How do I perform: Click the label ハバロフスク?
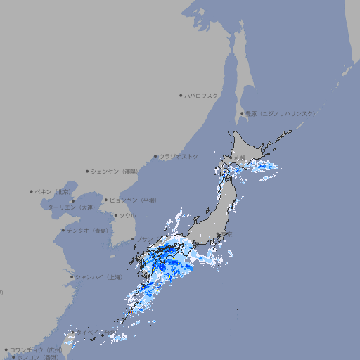pos(202,95)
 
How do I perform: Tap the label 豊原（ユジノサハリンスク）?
pos(280,113)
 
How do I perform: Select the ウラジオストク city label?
pos(179,156)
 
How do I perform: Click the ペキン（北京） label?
pos(54,191)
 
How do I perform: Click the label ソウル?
pos(127,215)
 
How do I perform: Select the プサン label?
pos(145,239)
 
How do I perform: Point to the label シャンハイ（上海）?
pos(99,277)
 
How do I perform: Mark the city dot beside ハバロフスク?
pos(181,95)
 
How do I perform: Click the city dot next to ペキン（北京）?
pos(32,191)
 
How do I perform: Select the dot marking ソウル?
pos(115,215)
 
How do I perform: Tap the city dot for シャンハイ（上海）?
pos(72,277)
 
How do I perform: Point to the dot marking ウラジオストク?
pos(155,156)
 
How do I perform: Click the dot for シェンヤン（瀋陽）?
pos(88,171)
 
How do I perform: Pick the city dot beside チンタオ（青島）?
pos(63,230)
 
